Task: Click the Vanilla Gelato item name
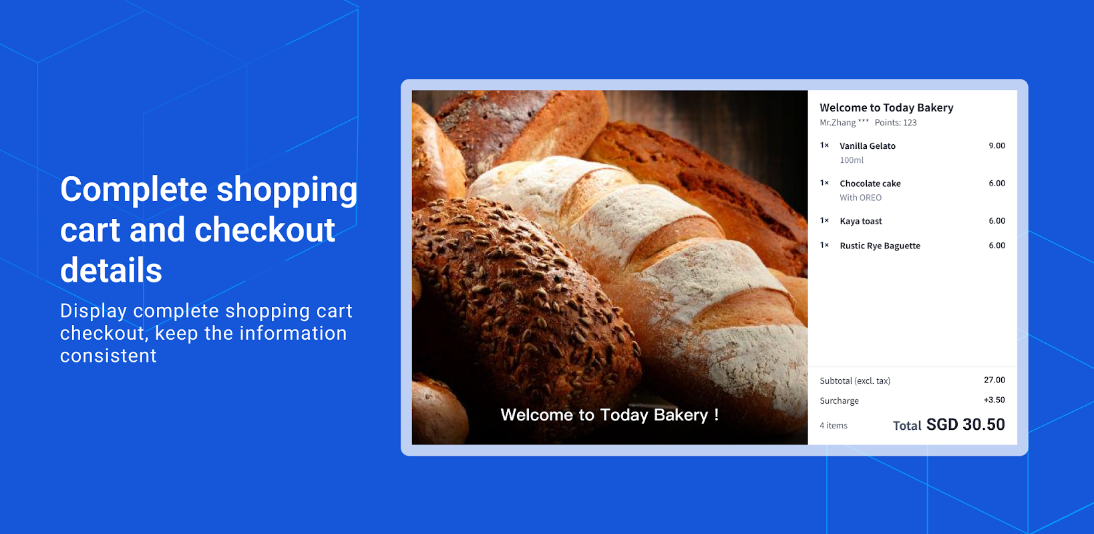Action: (868, 146)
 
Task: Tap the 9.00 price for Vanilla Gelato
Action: (996, 146)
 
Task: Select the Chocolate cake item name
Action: (870, 184)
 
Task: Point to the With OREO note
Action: (860, 198)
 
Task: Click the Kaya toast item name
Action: (860, 221)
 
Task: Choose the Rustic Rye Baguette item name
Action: (880, 246)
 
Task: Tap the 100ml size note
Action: (852, 160)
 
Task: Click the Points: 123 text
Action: (896, 123)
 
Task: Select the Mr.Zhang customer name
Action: (838, 123)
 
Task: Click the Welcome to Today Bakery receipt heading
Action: (886, 107)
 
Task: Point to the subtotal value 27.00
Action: (994, 380)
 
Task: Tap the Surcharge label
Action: (839, 400)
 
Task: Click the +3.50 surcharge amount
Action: (994, 400)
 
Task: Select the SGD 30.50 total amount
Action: (966, 424)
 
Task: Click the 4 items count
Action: (834, 425)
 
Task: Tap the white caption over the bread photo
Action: (610, 415)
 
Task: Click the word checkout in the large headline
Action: (264, 230)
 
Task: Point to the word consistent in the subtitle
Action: (108, 356)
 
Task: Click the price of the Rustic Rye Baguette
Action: (996, 245)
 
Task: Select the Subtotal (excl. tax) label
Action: (855, 380)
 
